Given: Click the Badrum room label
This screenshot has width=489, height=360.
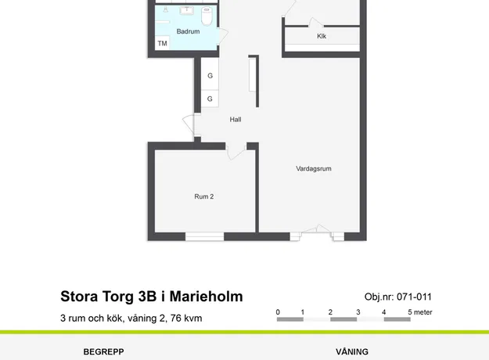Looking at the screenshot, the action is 188,31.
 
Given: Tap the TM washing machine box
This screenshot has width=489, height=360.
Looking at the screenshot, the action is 162,43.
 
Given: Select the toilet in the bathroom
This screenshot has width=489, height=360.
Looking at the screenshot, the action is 207,16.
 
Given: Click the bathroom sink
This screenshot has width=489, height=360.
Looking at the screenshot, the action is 186,10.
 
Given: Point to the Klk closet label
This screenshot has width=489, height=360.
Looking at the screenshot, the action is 322,36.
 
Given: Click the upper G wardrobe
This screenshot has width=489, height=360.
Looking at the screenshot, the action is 210,74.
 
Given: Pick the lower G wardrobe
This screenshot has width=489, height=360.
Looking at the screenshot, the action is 210,99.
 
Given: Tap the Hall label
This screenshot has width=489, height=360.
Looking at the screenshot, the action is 236,120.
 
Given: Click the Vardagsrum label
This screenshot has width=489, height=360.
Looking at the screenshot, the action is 314,169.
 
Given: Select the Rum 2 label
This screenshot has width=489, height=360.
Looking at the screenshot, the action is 204,196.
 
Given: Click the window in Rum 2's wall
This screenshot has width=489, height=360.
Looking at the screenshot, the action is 204,236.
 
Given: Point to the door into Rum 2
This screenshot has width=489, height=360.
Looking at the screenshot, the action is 236,152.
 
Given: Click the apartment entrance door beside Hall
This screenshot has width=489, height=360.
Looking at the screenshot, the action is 189,124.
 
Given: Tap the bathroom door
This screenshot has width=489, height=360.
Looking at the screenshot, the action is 223,36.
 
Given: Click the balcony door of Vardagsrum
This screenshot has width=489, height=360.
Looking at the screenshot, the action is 317,232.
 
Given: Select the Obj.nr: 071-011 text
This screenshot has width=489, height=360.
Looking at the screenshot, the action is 398,297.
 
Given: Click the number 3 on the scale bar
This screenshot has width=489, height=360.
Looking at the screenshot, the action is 358,312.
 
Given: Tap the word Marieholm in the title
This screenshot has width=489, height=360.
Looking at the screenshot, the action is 206,297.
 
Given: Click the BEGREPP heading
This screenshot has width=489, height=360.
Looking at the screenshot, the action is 103,352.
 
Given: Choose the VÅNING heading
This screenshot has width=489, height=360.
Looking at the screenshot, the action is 352,351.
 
